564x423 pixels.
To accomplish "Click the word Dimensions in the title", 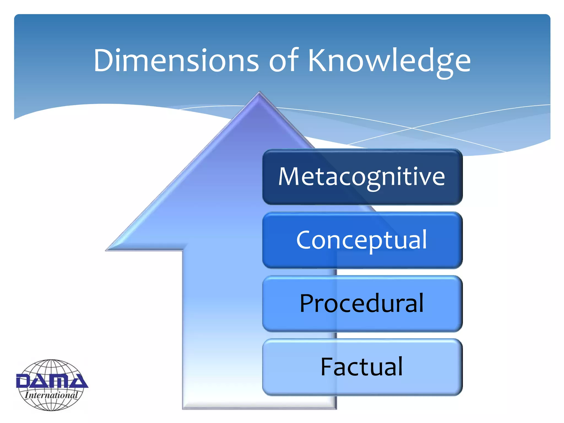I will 176,61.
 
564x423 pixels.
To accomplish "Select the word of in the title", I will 284,61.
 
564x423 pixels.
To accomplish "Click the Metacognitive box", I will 362,177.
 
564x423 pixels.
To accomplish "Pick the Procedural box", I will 362,303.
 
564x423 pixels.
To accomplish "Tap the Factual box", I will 362,367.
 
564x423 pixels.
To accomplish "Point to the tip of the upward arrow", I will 259,93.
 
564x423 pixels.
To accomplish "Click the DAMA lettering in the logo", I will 52,381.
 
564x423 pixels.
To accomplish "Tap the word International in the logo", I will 51,395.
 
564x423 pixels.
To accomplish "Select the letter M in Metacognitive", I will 289,177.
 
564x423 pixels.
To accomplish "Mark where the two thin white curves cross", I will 412,128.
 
